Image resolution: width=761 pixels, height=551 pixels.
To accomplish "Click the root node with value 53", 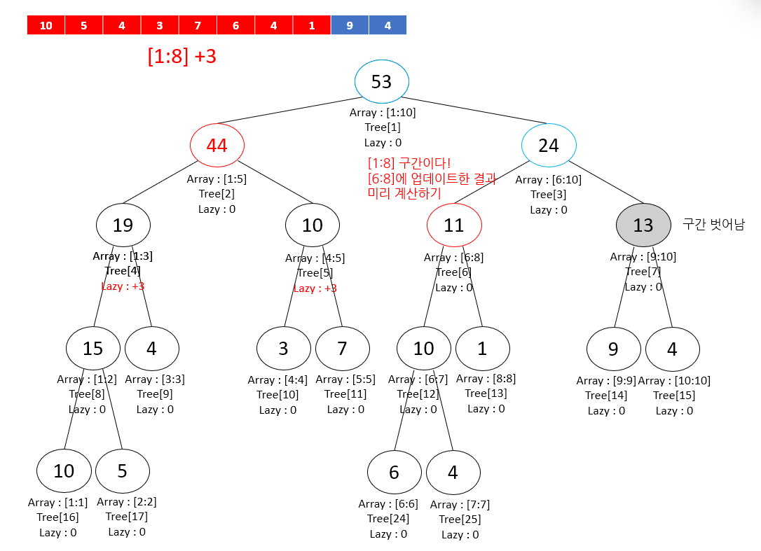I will tap(381, 82).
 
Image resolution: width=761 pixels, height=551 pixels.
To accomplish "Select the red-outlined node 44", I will tap(217, 146).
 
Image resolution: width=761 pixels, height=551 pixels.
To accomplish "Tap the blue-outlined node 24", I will tap(549, 146).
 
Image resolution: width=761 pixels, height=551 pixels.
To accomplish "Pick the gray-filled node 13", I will tap(643, 225).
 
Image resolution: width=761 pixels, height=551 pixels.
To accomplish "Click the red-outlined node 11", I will tap(454, 225).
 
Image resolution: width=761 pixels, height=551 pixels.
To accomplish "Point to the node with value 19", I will tap(123, 225).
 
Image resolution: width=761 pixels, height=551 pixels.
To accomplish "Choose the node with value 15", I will tap(93, 348).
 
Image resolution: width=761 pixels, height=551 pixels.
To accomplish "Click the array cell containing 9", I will tap(350, 26).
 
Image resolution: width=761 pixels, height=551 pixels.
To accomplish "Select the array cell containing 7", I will tap(198, 26).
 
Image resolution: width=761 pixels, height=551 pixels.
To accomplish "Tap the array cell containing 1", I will tap(312, 26).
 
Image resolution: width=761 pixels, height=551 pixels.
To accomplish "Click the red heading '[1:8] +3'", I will tap(182, 57).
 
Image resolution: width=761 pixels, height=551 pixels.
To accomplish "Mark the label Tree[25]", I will tap(460, 519).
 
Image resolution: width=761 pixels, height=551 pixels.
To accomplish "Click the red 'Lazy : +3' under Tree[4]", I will tap(123, 286).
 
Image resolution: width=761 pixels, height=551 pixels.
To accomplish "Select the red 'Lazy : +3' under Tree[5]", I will tap(315, 288).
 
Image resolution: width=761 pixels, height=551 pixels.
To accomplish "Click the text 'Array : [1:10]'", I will tap(383, 112).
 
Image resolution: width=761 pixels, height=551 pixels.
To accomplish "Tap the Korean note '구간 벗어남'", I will tap(713, 225).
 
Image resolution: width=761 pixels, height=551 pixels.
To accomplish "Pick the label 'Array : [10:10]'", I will tap(674, 381).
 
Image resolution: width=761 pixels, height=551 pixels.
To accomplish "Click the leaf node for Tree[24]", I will tap(394, 473).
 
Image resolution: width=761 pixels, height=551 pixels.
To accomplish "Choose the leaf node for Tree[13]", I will tap(482, 348).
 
